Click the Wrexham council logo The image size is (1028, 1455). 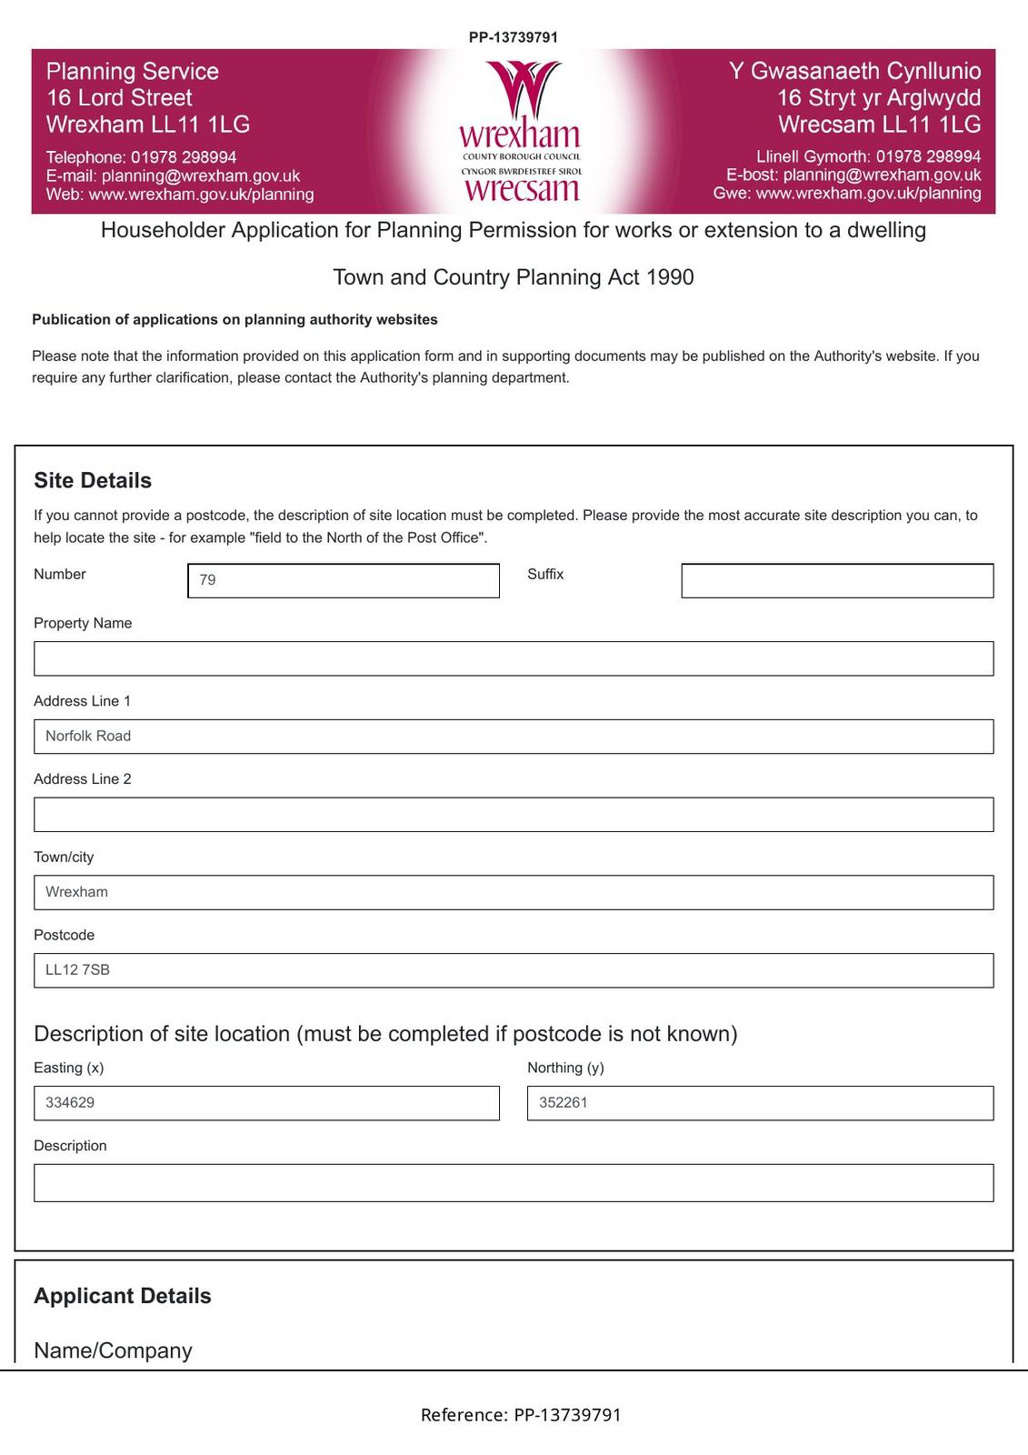[x=521, y=131]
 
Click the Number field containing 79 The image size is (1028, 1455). [x=344, y=580]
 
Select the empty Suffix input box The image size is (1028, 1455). [x=837, y=580]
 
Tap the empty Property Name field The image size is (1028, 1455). [x=514, y=658]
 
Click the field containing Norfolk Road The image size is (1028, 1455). [x=514, y=736]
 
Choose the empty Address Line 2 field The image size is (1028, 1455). [x=514, y=814]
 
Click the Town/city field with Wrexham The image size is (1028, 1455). [x=514, y=892]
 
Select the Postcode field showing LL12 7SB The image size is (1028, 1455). [x=514, y=970]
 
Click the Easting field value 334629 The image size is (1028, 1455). [x=266, y=1103]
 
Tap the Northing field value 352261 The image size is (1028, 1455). [x=760, y=1103]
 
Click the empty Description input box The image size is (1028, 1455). [x=514, y=1183]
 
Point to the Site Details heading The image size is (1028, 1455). [x=93, y=480]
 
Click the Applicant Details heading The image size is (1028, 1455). [x=123, y=1296]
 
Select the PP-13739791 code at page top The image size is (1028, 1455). [x=514, y=37]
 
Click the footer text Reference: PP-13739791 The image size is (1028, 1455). [x=521, y=1415]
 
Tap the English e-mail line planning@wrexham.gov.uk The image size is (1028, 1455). [x=173, y=176]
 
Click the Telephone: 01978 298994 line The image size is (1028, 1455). [x=142, y=157]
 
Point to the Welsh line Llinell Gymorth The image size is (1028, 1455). [x=868, y=156]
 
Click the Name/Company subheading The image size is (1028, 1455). [x=113, y=1350]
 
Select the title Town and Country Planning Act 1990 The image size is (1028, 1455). [x=514, y=277]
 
